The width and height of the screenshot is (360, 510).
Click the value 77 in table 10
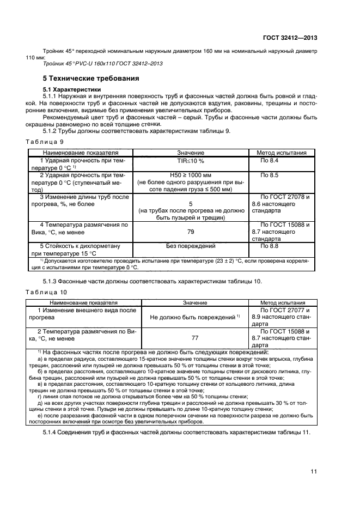[x=194, y=338]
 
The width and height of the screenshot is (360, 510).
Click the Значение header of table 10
[x=194, y=302]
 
